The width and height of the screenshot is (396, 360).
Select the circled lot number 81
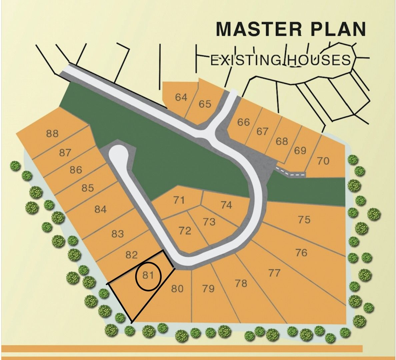[148, 275]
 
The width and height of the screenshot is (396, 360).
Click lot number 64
[181, 97]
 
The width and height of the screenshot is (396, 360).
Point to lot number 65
[205, 104]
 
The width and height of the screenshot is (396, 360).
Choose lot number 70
[323, 161]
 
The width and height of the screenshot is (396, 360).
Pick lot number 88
[52, 134]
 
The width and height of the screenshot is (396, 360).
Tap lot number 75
[304, 220]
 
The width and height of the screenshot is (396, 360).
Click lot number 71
[179, 200]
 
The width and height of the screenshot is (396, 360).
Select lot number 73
[209, 222]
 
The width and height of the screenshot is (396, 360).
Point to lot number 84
[100, 209]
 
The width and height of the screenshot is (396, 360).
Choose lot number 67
[262, 131]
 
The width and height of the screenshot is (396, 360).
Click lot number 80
[177, 288]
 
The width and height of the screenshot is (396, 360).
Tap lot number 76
[301, 252]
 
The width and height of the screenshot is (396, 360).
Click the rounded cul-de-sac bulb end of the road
[117, 154]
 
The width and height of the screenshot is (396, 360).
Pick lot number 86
[76, 170]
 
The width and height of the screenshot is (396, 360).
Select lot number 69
[300, 150]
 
